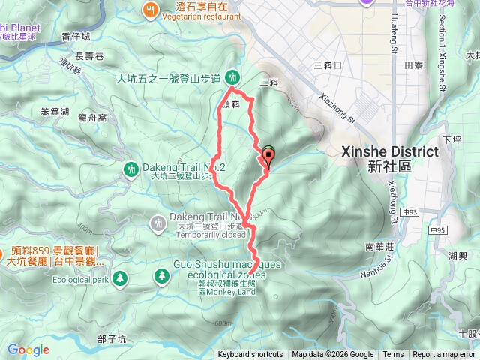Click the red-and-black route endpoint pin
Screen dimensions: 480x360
(x=268, y=156)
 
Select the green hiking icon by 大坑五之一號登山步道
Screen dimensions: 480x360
(x=233, y=77)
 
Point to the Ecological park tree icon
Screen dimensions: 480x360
(x=121, y=279)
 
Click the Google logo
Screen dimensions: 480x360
(x=28, y=349)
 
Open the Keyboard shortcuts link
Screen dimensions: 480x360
(x=250, y=355)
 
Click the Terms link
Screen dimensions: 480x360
(x=393, y=355)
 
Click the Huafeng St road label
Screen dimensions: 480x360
(x=394, y=42)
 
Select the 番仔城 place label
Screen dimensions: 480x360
(x=76, y=36)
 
